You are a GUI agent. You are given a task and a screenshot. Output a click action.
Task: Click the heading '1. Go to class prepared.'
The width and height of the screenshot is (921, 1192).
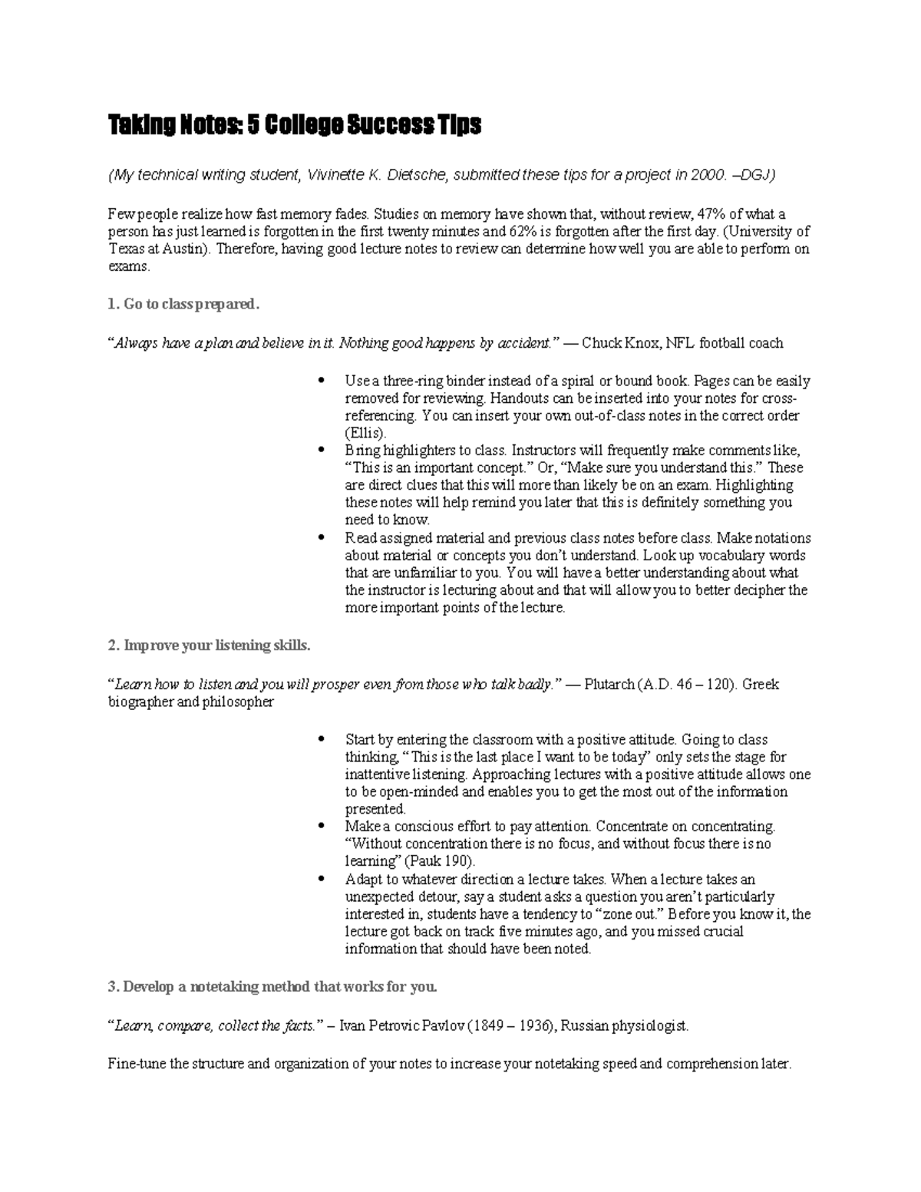[184, 305]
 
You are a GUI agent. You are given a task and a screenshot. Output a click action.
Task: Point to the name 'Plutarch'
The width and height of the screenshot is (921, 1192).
[609, 685]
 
